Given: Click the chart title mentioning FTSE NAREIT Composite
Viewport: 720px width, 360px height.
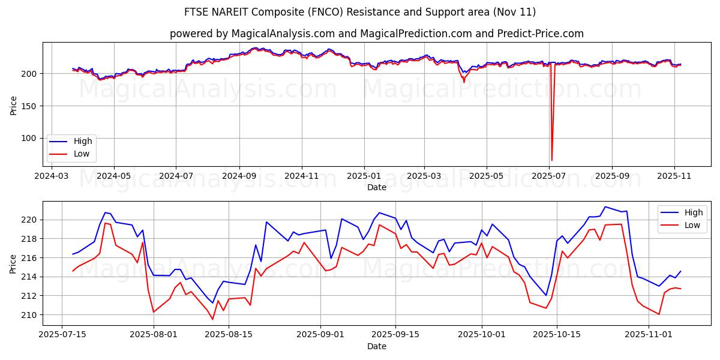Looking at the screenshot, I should [x=360, y=12].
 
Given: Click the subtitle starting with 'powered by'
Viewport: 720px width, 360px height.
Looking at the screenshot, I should [x=376, y=34].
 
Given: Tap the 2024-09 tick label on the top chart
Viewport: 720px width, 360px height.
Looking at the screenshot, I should [x=239, y=177].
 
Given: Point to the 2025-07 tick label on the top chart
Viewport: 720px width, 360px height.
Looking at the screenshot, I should [x=550, y=177].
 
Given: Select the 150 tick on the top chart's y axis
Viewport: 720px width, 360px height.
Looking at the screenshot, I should [x=29, y=106].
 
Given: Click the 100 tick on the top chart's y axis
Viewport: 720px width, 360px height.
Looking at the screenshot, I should [x=29, y=138].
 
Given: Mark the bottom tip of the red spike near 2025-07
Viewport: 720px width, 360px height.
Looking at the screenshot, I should [x=551, y=160].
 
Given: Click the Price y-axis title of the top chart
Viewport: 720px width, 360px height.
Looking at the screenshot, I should [x=13, y=106].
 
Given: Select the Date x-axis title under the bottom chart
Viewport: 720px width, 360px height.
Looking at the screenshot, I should [x=376, y=346].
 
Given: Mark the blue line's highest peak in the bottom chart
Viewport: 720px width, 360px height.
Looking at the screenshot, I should [x=605, y=206].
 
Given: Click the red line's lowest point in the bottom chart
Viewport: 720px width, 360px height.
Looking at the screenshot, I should [x=212, y=319].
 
